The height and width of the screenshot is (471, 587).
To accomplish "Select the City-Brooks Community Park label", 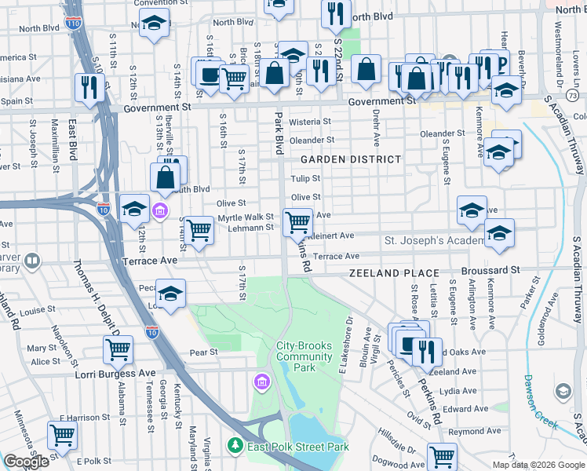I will click(x=306, y=356).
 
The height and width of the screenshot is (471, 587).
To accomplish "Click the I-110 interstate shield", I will click(x=72, y=24).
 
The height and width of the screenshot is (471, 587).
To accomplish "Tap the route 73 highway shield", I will click(x=571, y=95).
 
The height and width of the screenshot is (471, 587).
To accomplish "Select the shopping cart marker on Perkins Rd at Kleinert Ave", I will click(x=297, y=223).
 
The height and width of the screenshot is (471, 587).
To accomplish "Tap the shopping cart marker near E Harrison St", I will click(x=62, y=434).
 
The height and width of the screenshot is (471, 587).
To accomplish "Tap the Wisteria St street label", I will click(x=311, y=122).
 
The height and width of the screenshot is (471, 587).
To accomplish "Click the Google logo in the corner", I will click(x=26, y=462).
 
